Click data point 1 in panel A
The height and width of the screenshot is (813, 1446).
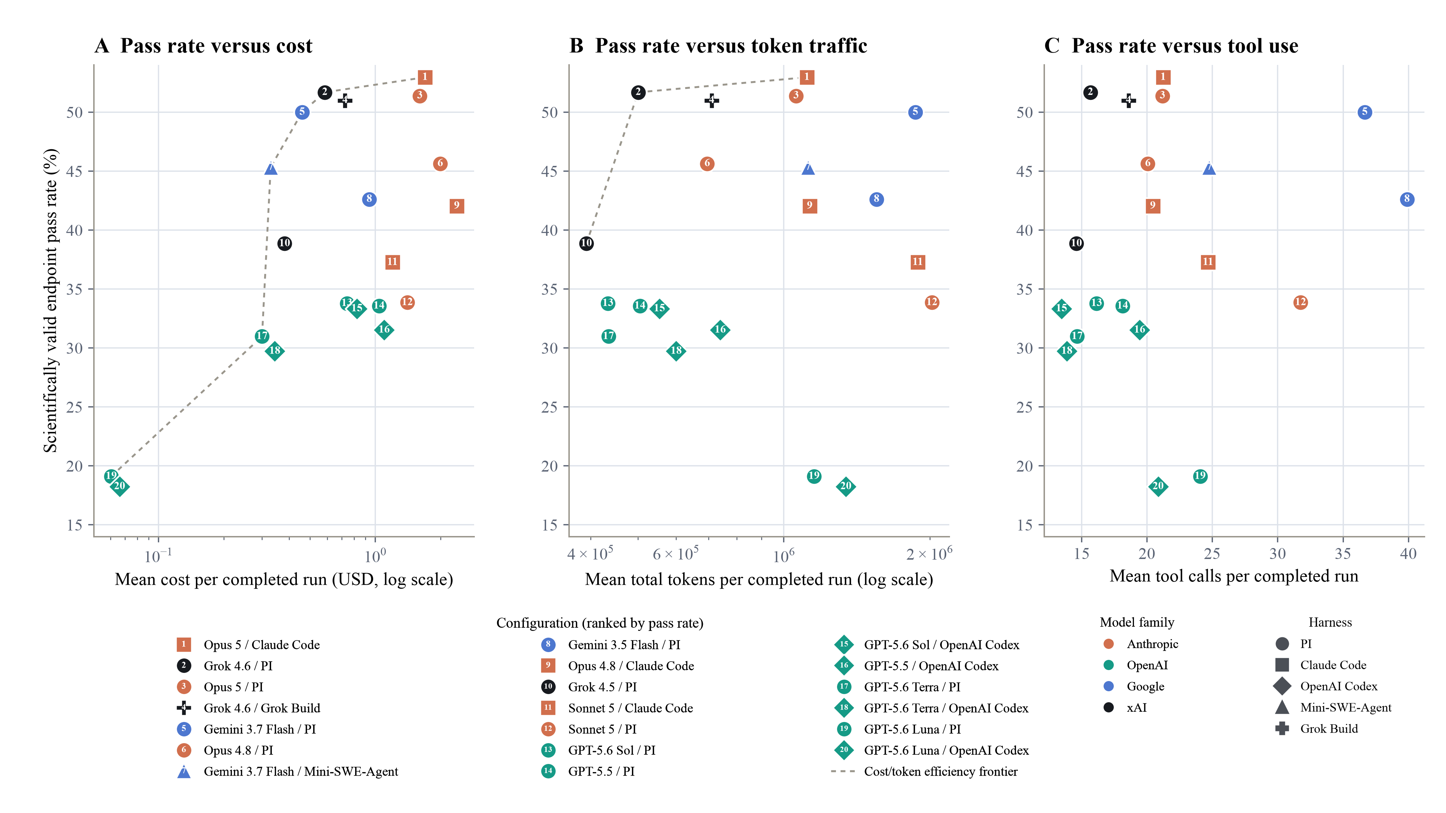425,77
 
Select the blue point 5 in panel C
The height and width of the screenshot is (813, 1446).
1364,112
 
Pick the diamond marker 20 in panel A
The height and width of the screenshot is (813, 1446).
120,487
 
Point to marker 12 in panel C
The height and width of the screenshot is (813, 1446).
1301,302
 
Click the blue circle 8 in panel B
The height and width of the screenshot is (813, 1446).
876,199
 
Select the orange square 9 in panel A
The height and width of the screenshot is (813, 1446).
457,206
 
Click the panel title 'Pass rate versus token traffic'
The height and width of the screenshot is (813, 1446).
731,46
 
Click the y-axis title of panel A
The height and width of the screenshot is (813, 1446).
50,301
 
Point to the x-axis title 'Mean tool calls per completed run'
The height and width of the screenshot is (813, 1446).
1234,576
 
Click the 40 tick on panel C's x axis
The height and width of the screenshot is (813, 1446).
1408,554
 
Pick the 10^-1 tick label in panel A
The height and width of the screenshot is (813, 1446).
158,555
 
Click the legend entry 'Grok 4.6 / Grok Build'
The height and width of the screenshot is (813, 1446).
248,708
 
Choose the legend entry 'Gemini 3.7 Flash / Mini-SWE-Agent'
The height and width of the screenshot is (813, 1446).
287,771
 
